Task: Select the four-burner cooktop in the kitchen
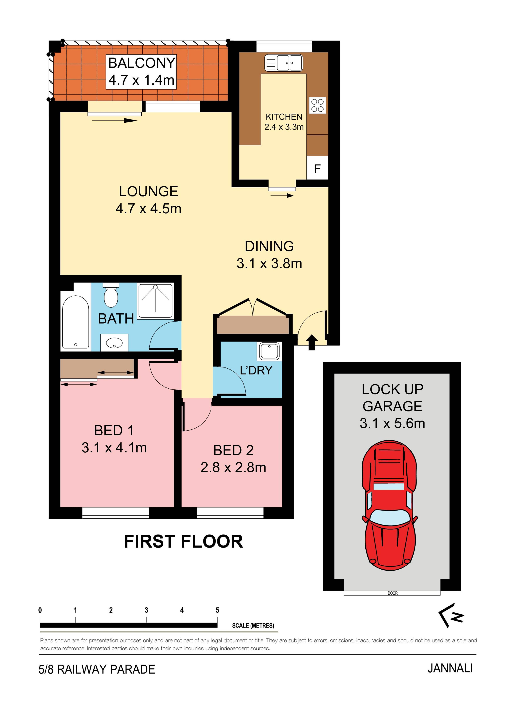317,105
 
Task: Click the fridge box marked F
317,168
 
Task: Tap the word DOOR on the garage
393,593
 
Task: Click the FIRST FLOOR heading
183,542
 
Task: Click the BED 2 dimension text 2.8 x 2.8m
233,467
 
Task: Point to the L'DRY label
256,370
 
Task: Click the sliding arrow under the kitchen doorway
282,195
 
